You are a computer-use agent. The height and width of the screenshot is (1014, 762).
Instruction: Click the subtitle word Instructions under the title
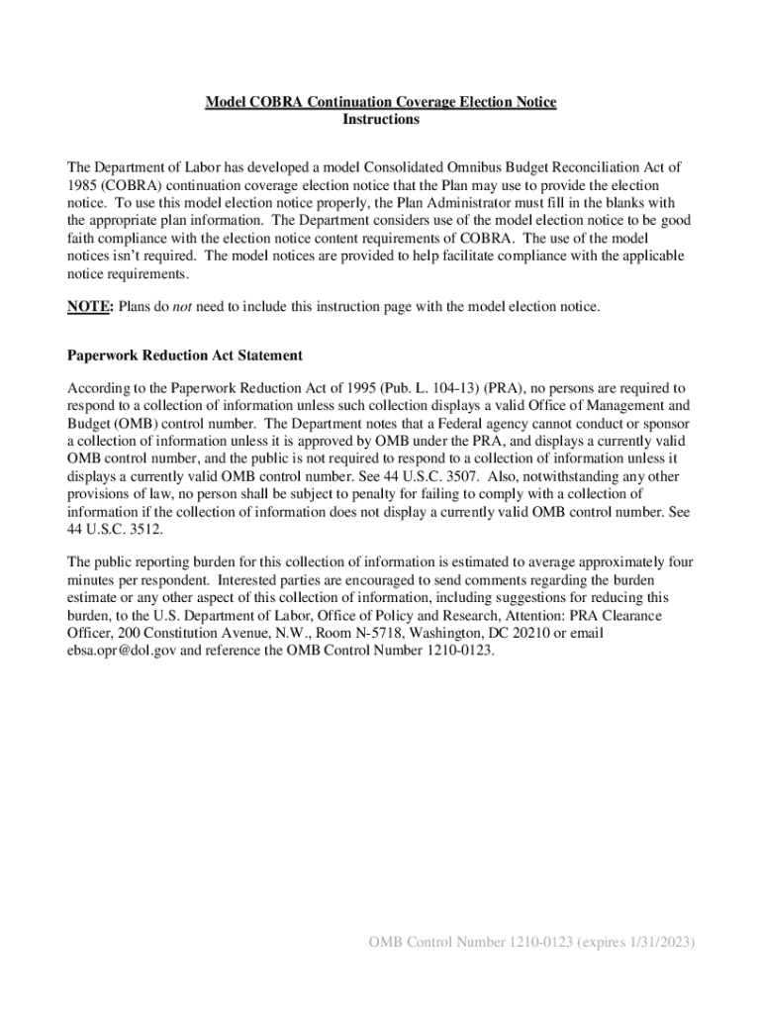pos(381,120)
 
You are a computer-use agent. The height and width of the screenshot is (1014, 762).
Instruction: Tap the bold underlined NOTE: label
pos(90,307)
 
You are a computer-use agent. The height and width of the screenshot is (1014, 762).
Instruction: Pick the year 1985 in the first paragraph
pos(82,186)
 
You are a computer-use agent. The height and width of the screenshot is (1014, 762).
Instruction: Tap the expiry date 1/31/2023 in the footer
pos(655,942)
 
